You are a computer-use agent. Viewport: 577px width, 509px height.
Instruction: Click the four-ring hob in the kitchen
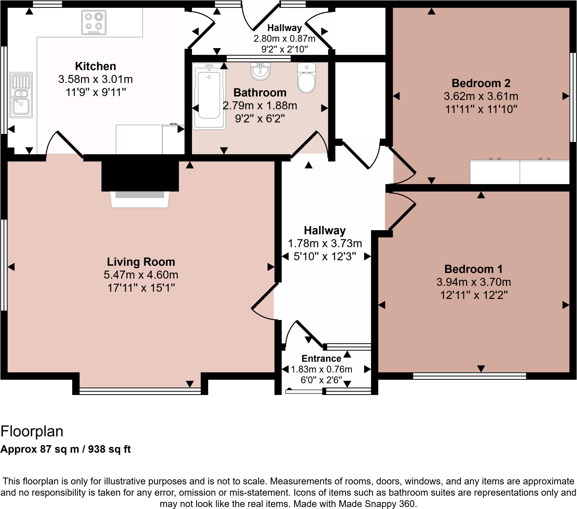tap(94, 22)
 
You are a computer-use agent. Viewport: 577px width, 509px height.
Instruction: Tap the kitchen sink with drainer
tap(21, 95)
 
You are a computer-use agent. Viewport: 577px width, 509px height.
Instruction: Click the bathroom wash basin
tap(260, 71)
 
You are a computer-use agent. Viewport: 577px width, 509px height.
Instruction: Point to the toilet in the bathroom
tap(306, 79)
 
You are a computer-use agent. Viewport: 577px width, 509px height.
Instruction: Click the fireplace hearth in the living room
tap(140, 200)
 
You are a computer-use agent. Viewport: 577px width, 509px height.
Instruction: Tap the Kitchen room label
tap(96, 66)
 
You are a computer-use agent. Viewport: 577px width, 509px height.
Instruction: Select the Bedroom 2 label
tap(481, 83)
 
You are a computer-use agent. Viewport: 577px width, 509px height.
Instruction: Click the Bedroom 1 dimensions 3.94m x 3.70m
tap(474, 282)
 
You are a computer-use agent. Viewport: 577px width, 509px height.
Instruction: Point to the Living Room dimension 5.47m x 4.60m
tap(141, 275)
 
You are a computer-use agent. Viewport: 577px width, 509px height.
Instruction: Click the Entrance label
tap(321, 358)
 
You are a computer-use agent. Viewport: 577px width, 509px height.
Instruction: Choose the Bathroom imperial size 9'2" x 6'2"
tap(260, 119)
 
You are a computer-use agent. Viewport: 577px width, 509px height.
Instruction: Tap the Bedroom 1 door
tap(402, 216)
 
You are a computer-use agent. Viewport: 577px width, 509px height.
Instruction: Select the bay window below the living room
tap(140, 391)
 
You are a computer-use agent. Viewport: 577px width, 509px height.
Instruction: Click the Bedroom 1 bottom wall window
tap(469, 376)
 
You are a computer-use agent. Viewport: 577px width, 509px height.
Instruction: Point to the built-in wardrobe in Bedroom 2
tap(520, 172)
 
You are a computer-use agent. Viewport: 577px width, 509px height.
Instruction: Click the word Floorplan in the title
tap(32, 431)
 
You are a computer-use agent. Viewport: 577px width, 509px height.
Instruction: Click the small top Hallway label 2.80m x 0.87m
tap(284, 38)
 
